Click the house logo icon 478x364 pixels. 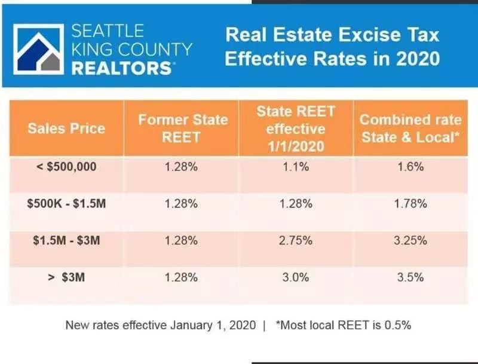point(38,48)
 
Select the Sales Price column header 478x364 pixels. point(66,128)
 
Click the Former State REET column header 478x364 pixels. point(183,128)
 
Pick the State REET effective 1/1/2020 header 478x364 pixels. point(296,128)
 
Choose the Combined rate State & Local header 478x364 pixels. point(410,128)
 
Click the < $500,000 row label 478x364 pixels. point(66,166)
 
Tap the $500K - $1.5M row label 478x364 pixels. point(66,204)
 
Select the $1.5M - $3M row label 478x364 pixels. point(66,240)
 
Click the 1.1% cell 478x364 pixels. point(296,167)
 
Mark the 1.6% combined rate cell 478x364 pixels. point(410,167)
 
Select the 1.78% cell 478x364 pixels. point(410,204)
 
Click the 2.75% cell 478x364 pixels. point(296,240)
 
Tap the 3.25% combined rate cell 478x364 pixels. point(410,240)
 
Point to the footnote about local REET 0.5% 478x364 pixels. point(344,326)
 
